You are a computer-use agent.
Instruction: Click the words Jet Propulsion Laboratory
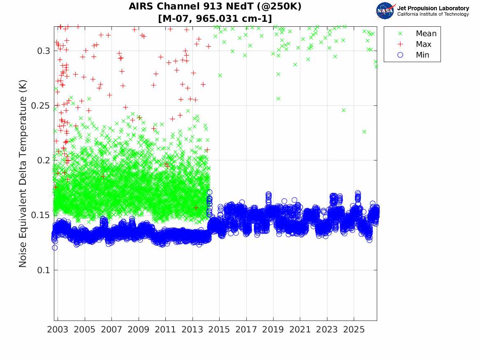click(x=433, y=8)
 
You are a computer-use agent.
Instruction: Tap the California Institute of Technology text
click(x=433, y=14)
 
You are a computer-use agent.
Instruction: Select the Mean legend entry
click(x=418, y=33)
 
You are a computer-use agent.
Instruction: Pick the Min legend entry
click(x=415, y=55)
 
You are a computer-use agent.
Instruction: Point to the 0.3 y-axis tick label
click(x=44, y=51)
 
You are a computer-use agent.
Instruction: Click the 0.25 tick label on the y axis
click(x=41, y=106)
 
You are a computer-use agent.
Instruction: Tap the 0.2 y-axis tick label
click(x=44, y=160)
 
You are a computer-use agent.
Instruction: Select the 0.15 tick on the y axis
click(x=41, y=215)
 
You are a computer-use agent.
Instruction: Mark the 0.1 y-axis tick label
click(x=44, y=270)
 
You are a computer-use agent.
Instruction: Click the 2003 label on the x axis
click(x=58, y=330)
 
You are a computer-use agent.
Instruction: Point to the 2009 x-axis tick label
click(x=138, y=330)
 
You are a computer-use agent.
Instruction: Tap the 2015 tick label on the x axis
click(x=219, y=330)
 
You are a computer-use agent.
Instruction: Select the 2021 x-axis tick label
click(x=300, y=330)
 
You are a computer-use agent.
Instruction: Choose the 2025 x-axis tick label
click(x=354, y=330)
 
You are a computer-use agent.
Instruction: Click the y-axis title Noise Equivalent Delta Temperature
click(x=23, y=174)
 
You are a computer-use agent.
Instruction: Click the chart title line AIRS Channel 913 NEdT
click(x=215, y=7)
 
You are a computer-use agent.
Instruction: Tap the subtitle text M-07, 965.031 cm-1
click(x=215, y=19)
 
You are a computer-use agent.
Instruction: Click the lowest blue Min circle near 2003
click(x=55, y=248)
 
